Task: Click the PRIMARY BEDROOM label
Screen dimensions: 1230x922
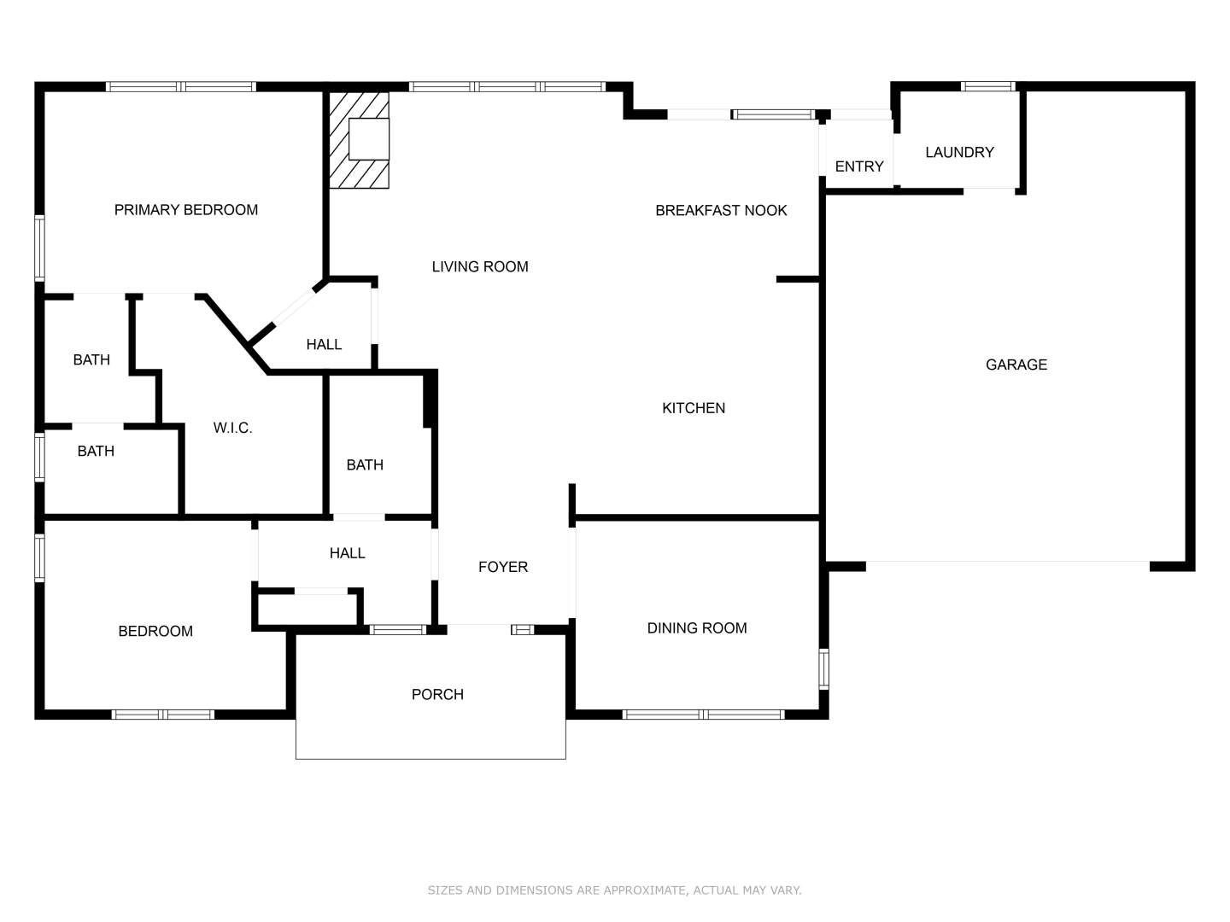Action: (186, 210)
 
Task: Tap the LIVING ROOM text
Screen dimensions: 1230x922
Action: (480, 266)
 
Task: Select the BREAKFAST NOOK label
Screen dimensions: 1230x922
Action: (721, 211)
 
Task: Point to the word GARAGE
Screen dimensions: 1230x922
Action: (1016, 365)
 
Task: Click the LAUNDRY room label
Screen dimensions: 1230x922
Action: (959, 152)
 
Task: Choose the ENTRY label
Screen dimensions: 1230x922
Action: (859, 166)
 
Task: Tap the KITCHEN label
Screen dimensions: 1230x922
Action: (694, 408)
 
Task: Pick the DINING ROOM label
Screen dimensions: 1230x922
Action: (697, 628)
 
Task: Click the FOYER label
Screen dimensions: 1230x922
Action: (503, 567)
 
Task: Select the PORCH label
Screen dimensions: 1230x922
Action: (437, 695)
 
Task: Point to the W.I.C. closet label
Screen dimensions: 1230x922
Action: (232, 429)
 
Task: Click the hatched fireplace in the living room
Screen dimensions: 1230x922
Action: (359, 140)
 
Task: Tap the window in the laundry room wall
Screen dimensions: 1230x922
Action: (988, 86)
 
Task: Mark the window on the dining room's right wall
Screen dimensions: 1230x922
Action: (823, 669)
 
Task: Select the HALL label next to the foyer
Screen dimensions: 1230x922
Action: (348, 553)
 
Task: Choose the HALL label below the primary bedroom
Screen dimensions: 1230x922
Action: (324, 344)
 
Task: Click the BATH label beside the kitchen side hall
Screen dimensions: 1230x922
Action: (365, 464)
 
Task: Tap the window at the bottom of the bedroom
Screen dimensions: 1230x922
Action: (163, 715)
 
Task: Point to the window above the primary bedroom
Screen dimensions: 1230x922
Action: (181, 86)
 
